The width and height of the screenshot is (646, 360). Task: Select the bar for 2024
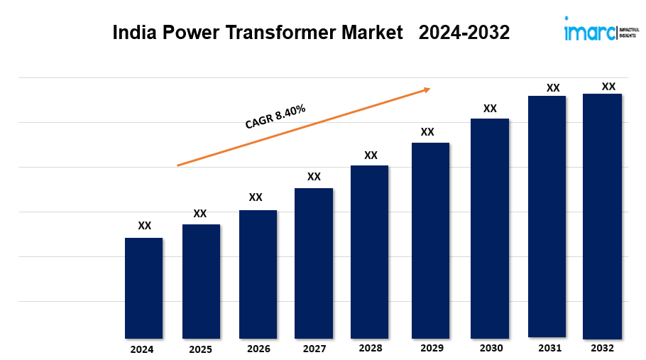143,288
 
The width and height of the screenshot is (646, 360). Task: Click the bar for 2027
314,263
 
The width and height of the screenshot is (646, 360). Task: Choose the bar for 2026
258,274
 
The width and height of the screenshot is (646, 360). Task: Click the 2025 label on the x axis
200,349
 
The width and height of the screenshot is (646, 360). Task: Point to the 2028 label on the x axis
371,349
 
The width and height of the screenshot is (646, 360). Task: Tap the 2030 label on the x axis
491,348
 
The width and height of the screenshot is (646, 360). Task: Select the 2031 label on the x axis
549,348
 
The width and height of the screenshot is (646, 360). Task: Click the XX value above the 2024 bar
144,226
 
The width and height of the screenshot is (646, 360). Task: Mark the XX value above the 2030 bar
490,109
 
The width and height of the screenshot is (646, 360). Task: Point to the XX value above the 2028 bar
371,156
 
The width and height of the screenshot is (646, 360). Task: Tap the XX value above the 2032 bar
608,87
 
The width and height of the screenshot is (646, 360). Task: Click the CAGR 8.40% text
275,116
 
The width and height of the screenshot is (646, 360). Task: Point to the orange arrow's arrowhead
427,89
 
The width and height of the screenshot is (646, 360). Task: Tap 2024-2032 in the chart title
464,33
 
